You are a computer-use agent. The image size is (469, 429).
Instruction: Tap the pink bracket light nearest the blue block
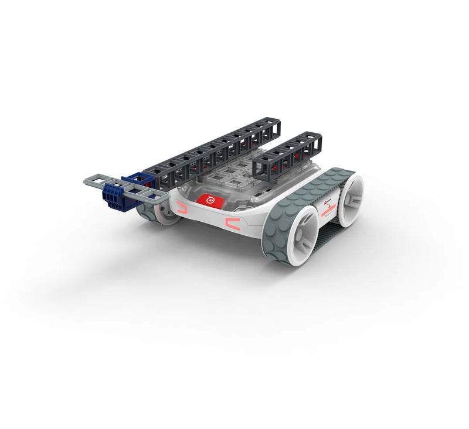181,206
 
